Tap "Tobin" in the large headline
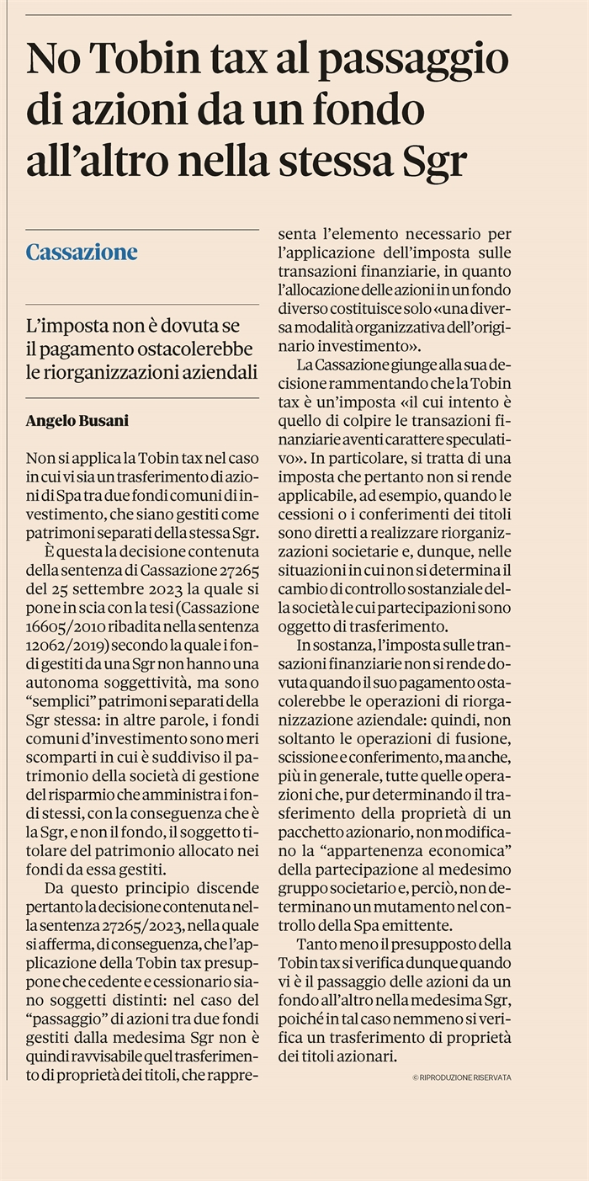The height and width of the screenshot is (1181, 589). [x=146, y=61]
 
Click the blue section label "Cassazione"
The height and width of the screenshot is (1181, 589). [x=82, y=252]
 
